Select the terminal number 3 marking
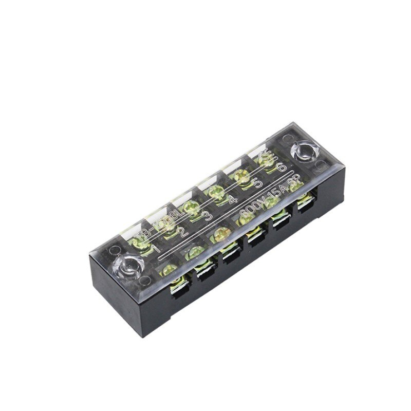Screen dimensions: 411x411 207,216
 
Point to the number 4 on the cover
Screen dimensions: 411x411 232,199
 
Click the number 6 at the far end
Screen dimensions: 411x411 280,168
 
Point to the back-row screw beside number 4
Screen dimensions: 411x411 216,193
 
